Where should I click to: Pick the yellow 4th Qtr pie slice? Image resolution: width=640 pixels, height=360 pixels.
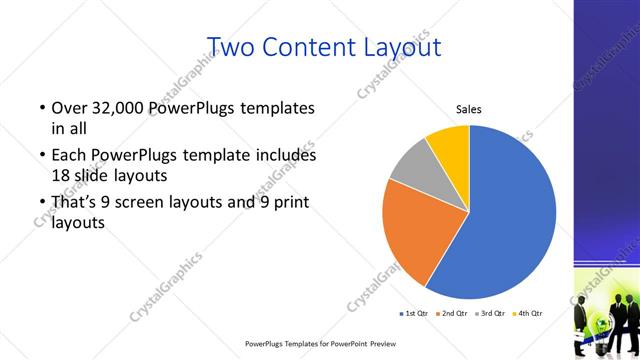click(x=449, y=146)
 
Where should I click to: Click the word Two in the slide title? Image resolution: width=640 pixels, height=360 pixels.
click(x=236, y=46)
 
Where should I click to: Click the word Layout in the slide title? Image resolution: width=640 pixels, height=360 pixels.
click(x=400, y=46)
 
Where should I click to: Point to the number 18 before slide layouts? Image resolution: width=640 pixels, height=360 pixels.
click(x=62, y=176)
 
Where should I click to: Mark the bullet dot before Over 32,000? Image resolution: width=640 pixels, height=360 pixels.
click(x=41, y=108)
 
